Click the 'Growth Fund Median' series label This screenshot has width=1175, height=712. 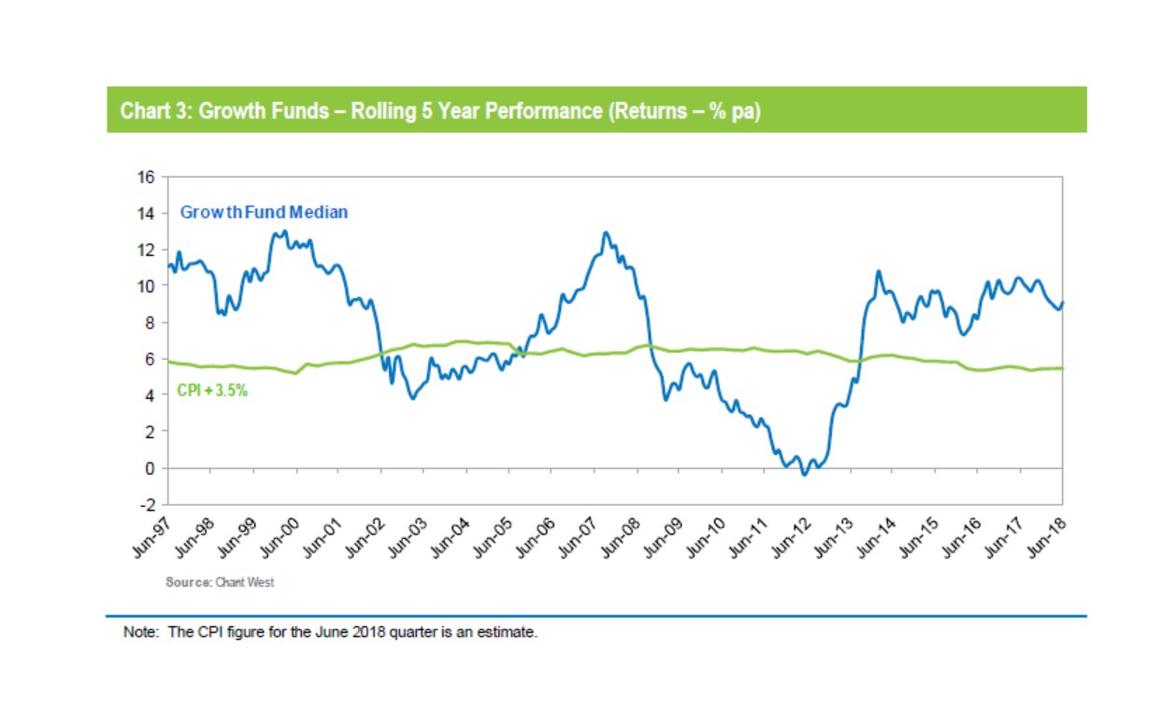(263, 212)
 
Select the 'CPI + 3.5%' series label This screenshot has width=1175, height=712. (212, 392)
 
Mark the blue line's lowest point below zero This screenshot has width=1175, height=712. (805, 475)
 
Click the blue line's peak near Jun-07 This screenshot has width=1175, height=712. (606, 233)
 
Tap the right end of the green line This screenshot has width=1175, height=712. (1063, 368)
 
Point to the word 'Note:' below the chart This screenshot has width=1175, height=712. (142, 633)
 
